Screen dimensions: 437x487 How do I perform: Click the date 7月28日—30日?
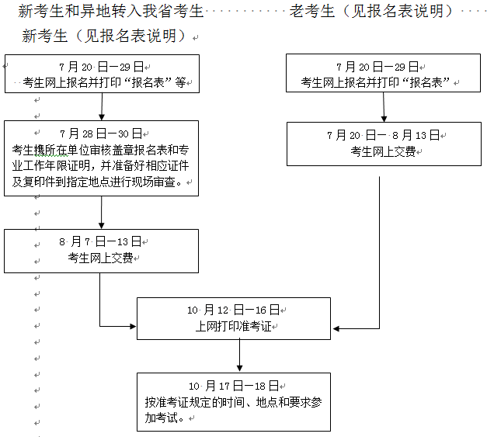(x=101, y=134)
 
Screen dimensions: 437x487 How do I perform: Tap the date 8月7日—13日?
(x=101, y=241)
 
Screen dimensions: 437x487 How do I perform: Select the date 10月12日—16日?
(x=234, y=310)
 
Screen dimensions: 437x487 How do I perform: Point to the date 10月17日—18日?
(x=234, y=386)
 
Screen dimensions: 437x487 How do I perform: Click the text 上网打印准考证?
(x=234, y=327)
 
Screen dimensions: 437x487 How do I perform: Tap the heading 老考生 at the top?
(x=312, y=11)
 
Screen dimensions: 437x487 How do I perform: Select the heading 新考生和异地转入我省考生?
(x=110, y=11)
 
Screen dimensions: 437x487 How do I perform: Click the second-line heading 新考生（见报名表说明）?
(x=106, y=36)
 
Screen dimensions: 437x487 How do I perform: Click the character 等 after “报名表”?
(x=181, y=83)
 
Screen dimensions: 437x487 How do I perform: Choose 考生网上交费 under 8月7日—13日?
(x=100, y=258)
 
